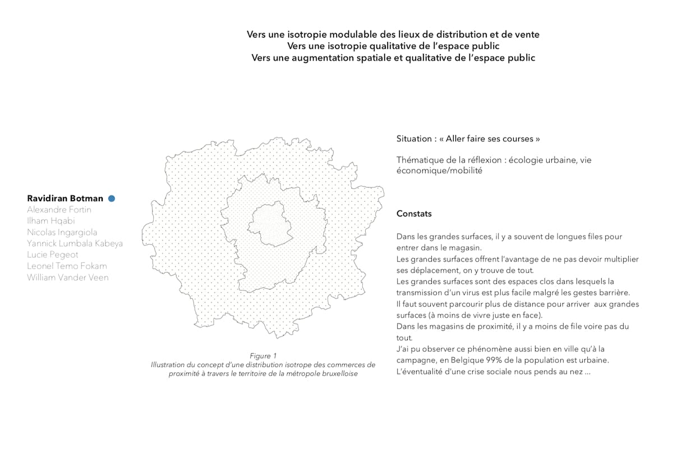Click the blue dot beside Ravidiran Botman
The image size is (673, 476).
tap(112, 198)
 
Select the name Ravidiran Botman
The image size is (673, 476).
tap(65, 198)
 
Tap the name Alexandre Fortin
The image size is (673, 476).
tap(59, 210)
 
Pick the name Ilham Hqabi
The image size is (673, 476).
tap(51, 221)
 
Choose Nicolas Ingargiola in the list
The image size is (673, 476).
tap(62, 232)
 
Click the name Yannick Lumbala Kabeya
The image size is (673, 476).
tap(75, 243)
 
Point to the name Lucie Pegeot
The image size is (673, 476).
tap(53, 255)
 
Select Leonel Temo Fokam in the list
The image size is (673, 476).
tap(67, 266)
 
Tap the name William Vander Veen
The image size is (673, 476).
tap(68, 277)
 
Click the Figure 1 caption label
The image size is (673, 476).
tap(263, 355)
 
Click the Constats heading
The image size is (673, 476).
tap(414, 214)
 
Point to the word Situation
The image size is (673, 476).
tap(414, 138)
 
